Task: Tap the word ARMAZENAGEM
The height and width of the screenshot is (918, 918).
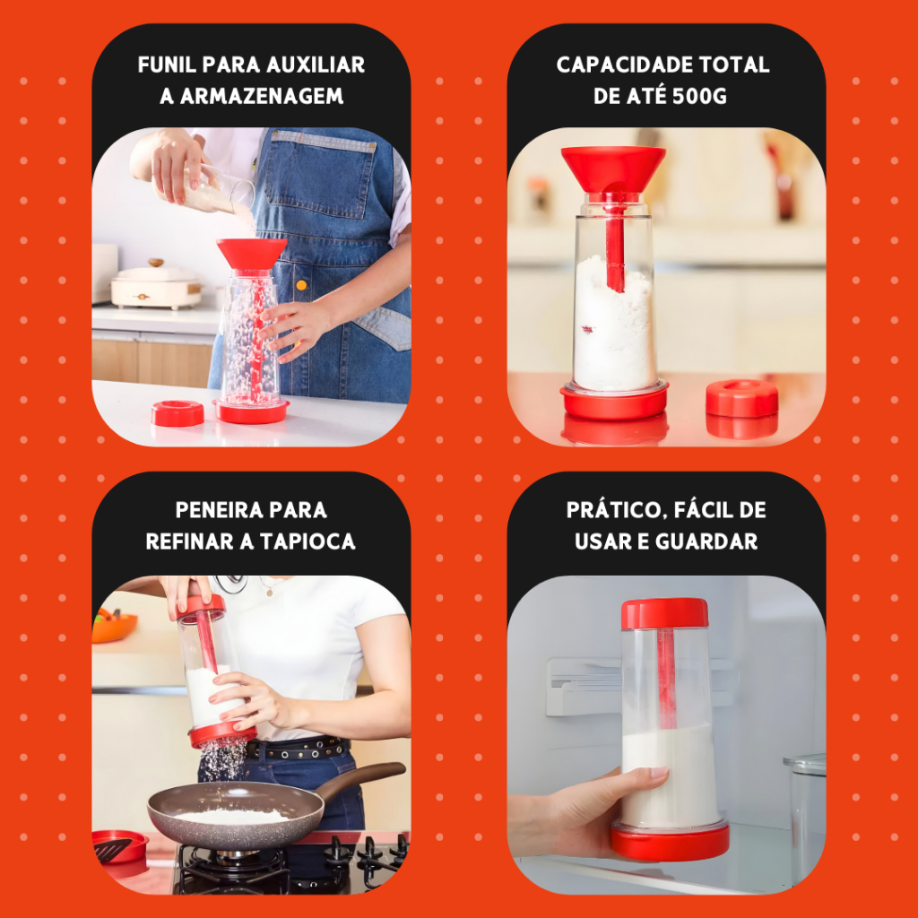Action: [261, 96]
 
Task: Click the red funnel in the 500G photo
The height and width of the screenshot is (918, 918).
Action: [613, 169]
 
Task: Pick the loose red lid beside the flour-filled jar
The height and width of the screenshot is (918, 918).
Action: [741, 399]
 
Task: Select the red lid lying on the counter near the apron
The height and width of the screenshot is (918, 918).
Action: [178, 412]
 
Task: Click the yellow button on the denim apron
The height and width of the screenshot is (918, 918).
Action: [301, 285]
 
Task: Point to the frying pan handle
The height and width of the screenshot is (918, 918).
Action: [359, 777]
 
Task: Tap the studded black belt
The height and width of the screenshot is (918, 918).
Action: [298, 749]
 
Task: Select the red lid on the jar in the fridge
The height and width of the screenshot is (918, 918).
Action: [664, 613]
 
